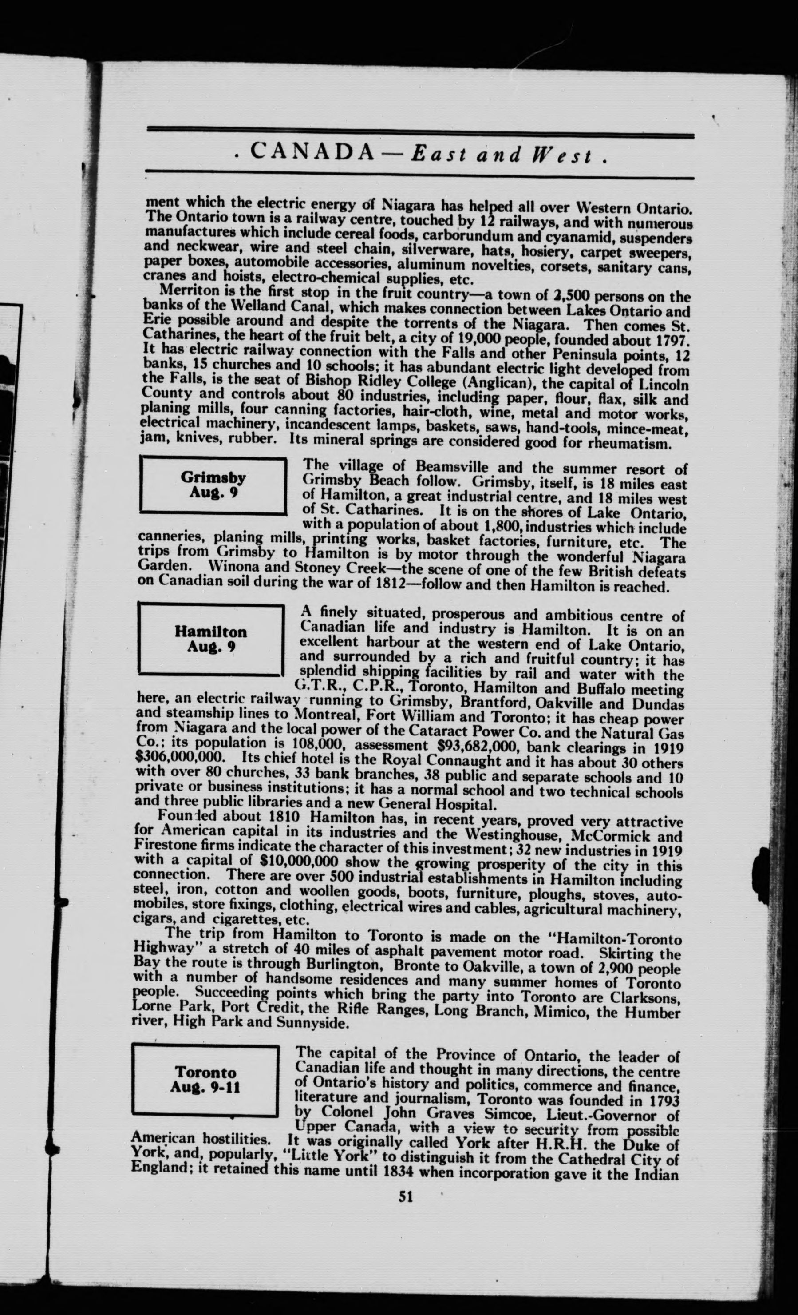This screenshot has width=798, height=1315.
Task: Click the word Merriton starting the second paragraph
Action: (185, 292)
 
